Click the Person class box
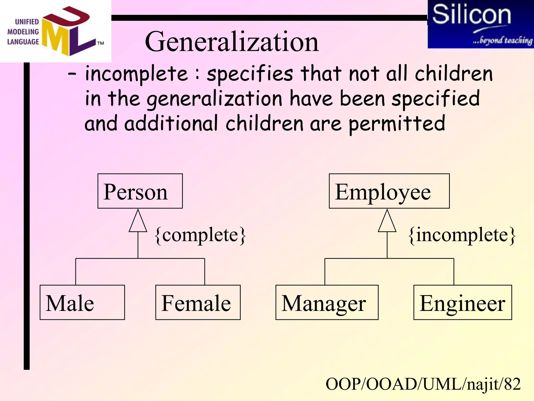[x=140, y=191]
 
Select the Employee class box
[x=389, y=191]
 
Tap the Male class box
[x=82, y=302]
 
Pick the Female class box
[x=198, y=302]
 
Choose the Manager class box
[x=327, y=302]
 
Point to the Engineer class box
[x=463, y=302]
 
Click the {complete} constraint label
[x=200, y=235]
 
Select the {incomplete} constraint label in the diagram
[x=462, y=235]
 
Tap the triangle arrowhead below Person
[x=138, y=222]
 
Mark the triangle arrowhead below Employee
[x=387, y=222]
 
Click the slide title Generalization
[x=232, y=42]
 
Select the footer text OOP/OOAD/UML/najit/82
[x=423, y=384]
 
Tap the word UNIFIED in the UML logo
[x=27, y=22]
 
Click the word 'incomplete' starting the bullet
[x=136, y=74]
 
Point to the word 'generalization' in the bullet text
[x=214, y=99]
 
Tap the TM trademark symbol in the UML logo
[x=101, y=43]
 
